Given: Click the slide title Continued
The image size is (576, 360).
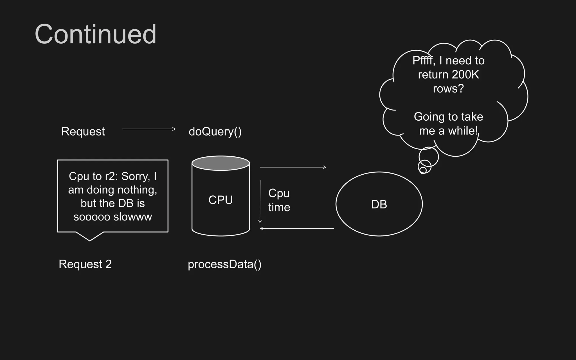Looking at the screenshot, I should pos(95,34).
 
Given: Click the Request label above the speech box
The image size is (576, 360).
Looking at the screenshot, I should pos(83,131).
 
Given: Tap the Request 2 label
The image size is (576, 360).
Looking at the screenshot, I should pos(85,264).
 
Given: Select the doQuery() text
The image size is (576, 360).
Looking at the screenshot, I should pos(215,131).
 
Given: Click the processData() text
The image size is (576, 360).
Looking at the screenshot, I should pos(224,264).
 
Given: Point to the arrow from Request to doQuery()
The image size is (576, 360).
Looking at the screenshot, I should pos(148,129).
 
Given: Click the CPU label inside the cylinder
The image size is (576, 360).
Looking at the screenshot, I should pos(220,200).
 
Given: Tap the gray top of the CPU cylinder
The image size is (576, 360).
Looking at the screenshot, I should pos(221,163).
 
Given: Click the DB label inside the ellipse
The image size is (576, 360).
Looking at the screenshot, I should pos(379,204).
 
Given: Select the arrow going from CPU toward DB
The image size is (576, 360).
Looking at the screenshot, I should pos(292,167).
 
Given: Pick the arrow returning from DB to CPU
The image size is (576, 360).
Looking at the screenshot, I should pos(297,229).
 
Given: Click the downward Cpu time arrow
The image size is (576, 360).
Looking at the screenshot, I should pos(260,201).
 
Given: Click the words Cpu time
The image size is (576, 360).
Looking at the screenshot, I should pos(279,200).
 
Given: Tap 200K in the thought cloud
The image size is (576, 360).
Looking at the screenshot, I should pos(465,75).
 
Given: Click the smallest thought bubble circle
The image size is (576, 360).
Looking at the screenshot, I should pos(423,170).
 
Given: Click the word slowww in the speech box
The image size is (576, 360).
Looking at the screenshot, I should pos(132,217).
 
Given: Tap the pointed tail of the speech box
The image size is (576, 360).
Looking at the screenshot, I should pos(90,238).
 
